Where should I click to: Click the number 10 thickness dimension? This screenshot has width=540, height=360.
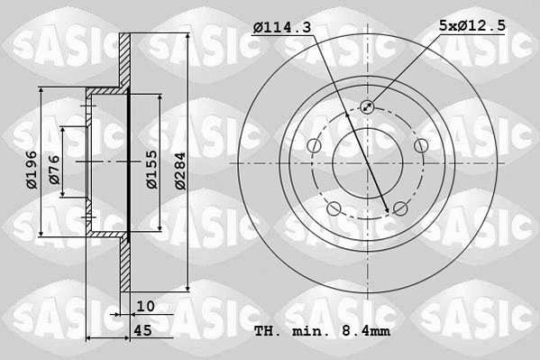tap(146, 307)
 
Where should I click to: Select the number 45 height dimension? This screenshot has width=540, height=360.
tap(142, 330)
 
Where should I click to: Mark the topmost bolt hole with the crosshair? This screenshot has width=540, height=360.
tap(367, 107)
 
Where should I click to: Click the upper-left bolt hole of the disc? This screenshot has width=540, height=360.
tap(314, 146)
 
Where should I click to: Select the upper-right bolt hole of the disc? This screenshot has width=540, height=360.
tap(420, 146)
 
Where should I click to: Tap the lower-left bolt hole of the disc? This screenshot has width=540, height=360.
tap(334, 209)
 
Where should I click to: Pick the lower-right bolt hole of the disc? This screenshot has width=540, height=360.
tap(400, 209)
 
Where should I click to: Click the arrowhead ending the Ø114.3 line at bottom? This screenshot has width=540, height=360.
tap(389, 209)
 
